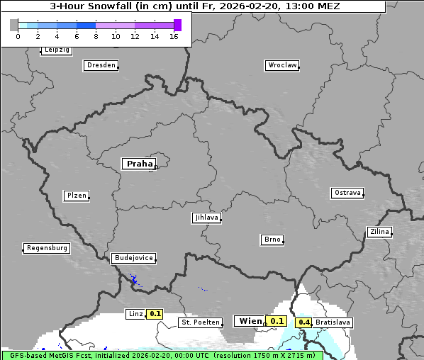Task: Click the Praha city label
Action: [x=139, y=164]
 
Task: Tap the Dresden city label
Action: [x=101, y=65]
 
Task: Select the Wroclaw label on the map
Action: [x=281, y=65]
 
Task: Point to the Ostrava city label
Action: [x=347, y=193]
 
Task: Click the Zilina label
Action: [x=379, y=232]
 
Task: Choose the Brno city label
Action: [x=272, y=240]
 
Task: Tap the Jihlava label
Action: [x=206, y=218]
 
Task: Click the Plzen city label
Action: [x=76, y=196]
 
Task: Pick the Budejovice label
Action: [x=133, y=258]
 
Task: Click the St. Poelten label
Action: [x=201, y=322]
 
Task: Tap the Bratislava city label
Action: [x=333, y=322]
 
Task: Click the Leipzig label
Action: [x=56, y=50]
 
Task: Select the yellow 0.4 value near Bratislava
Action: [x=304, y=322]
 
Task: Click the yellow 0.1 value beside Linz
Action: [x=155, y=313]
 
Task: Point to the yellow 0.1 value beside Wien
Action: [x=277, y=321]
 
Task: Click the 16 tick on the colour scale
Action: [x=174, y=36]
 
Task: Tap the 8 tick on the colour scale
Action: [x=96, y=36]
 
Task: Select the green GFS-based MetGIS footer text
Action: [x=162, y=355]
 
